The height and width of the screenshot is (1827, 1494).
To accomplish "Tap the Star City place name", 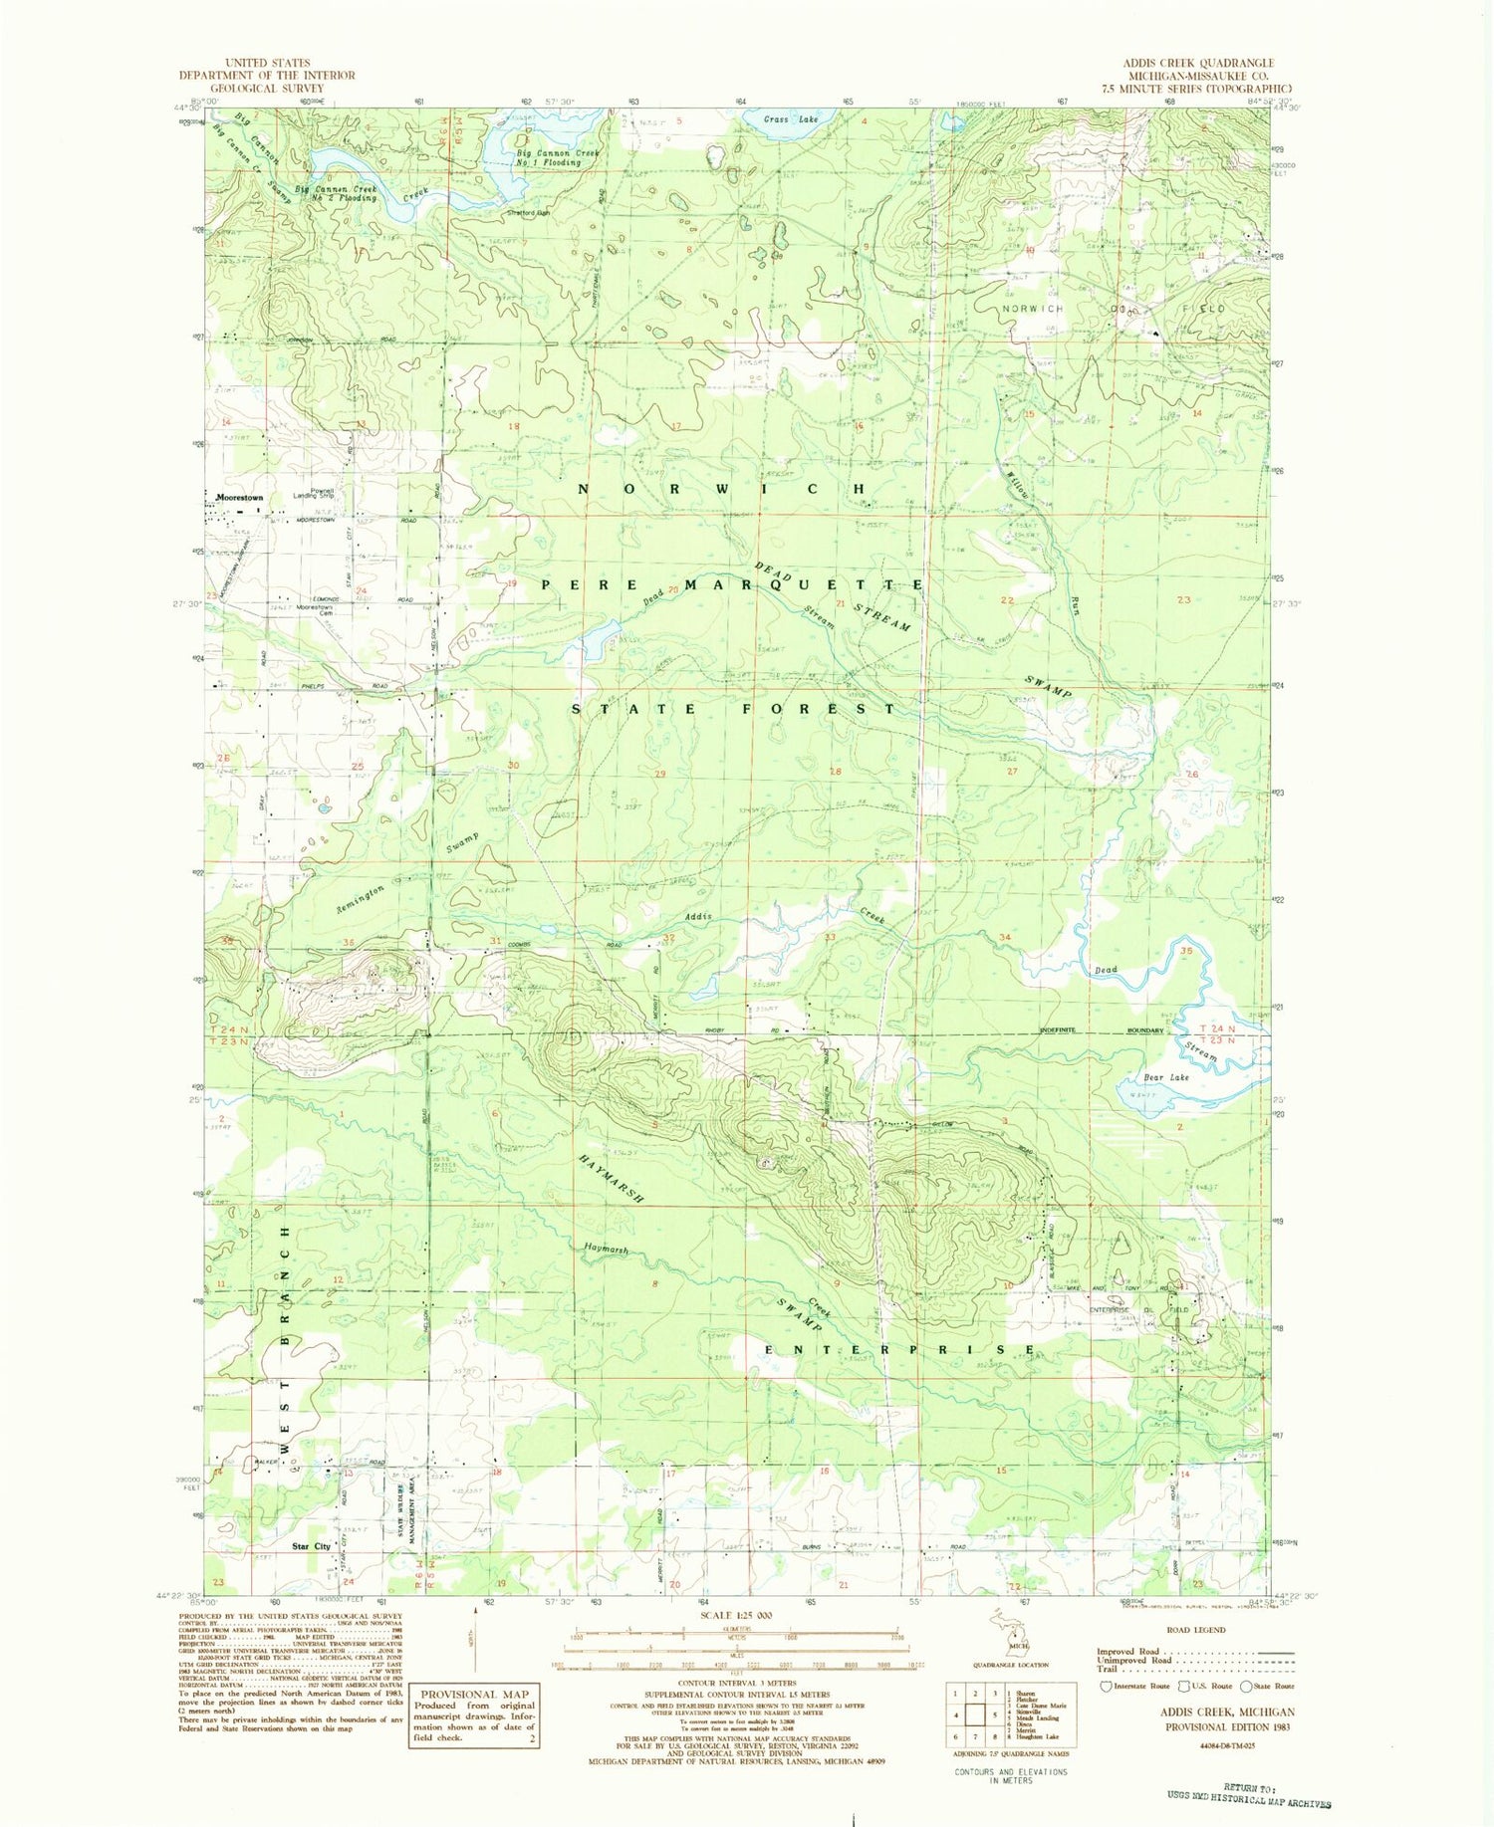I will coord(311,1546).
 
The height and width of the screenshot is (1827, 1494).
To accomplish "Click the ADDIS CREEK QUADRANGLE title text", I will coord(1198,63).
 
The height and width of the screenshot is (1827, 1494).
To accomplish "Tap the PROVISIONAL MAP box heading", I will coord(473,1695).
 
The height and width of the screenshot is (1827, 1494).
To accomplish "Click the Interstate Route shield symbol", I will coord(1106,1687).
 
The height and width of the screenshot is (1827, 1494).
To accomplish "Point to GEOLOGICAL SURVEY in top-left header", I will coord(267,88).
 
